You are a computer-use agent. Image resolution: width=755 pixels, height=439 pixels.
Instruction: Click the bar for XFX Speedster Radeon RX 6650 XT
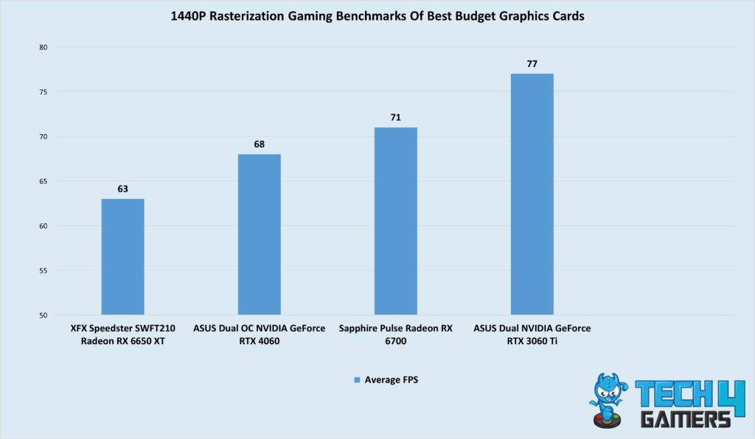[122, 257]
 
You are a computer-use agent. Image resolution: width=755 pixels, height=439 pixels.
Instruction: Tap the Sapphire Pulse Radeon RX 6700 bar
[395, 221]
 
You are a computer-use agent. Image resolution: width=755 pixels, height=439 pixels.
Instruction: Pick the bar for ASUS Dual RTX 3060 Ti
[532, 194]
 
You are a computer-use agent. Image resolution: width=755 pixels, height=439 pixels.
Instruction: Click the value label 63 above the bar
[122, 189]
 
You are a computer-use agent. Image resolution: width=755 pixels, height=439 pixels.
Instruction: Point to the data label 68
[259, 144]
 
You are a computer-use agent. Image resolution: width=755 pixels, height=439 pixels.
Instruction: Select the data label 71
[395, 118]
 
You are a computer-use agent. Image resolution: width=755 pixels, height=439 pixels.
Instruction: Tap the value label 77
[532, 64]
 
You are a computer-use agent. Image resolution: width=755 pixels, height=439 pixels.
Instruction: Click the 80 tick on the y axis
[42, 47]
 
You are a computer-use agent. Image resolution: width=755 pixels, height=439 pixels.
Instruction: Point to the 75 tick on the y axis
[42, 92]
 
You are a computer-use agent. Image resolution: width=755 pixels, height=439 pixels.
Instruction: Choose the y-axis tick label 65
[42, 181]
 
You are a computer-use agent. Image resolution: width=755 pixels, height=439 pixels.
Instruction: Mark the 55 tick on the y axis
[42, 271]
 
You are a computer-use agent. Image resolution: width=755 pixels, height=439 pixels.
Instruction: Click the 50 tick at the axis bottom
[42, 315]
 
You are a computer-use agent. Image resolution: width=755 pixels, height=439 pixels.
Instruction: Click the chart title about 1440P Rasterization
[377, 16]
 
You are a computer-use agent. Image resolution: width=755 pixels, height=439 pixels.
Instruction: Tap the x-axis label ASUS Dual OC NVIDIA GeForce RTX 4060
[259, 334]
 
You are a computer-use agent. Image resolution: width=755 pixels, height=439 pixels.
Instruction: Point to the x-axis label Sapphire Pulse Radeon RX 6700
[395, 334]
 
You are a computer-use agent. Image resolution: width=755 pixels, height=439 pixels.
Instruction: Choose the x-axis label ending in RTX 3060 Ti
[532, 334]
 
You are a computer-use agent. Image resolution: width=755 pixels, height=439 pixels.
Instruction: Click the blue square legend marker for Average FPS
[358, 380]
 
